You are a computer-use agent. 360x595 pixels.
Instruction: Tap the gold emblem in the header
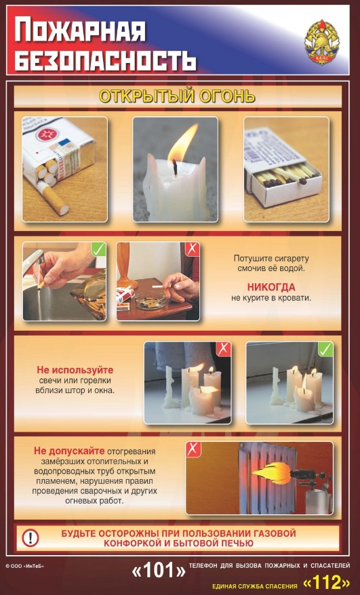[x=321, y=42]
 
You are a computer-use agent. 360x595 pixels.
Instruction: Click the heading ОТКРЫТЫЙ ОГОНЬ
[x=177, y=96]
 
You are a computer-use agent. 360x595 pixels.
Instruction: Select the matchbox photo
[x=286, y=169]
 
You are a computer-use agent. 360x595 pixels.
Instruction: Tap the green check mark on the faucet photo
[x=99, y=249]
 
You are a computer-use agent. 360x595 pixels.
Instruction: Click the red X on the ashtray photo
[x=192, y=249]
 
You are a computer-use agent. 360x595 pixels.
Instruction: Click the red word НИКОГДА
[x=271, y=287]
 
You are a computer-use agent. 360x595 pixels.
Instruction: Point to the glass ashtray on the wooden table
[x=151, y=299]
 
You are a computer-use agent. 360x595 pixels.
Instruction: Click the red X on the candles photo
[x=224, y=349]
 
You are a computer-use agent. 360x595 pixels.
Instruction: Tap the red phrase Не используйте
[x=75, y=370]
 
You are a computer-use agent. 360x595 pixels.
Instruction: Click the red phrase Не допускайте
[x=69, y=451]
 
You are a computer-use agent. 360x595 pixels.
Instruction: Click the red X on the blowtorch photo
[x=193, y=449]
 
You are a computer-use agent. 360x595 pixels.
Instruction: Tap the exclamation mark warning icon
[x=31, y=537]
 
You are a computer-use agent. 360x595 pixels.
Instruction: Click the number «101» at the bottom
[x=159, y=571]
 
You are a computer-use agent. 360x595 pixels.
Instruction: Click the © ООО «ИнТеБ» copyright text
[x=25, y=567]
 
